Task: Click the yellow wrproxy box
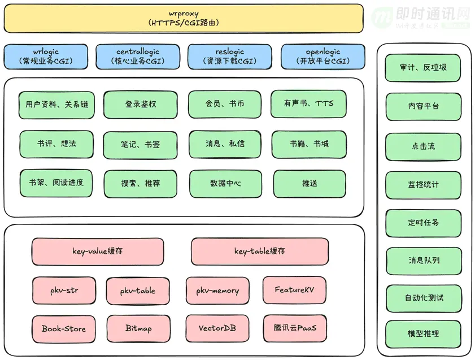(x=184, y=18)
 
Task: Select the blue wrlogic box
(x=46, y=57)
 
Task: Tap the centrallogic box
(x=138, y=57)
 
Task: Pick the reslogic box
(x=230, y=57)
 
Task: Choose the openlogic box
(x=323, y=57)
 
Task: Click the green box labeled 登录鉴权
(x=141, y=105)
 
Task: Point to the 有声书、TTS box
(x=308, y=104)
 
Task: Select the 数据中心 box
(x=226, y=184)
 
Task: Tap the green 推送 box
(x=310, y=184)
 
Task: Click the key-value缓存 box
(x=98, y=251)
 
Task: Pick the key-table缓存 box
(x=260, y=251)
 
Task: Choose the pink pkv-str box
(x=64, y=290)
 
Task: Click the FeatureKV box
(x=294, y=290)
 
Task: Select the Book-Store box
(x=64, y=329)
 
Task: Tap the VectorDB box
(x=217, y=328)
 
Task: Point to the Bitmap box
(x=138, y=329)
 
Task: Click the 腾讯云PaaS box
(x=295, y=328)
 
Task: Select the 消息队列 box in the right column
(x=424, y=261)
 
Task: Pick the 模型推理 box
(x=423, y=335)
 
